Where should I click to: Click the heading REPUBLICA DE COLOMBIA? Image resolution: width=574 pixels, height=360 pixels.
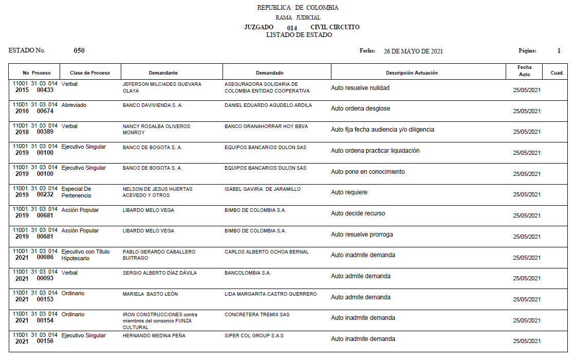pos(298,8)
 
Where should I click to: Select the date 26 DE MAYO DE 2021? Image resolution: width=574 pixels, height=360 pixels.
pos(413,51)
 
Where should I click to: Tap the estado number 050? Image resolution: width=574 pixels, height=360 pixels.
pos(79,50)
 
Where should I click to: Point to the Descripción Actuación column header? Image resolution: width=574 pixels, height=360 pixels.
pos(412,73)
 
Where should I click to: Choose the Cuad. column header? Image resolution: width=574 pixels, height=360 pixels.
pos(557,73)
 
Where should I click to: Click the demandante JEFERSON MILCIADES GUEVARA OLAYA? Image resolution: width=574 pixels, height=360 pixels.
pos(162,87)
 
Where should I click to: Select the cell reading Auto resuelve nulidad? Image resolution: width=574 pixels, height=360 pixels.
pos(360,88)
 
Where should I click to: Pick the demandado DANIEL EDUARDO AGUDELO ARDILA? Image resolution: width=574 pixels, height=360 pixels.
pos(268,105)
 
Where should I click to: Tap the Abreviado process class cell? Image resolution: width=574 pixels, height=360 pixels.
pos(74,105)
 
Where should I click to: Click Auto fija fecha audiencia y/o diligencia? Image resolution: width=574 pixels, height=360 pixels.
pos(382,130)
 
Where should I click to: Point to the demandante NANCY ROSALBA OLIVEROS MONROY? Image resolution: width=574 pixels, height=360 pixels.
pos(156,129)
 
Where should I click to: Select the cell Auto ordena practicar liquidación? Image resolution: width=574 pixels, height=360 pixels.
pos(375,151)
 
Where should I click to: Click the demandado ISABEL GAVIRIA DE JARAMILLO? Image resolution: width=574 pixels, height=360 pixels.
pos(263,189)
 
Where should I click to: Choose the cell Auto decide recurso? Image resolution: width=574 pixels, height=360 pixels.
pos(358,213)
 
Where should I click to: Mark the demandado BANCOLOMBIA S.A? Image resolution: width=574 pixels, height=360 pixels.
pos(248,273)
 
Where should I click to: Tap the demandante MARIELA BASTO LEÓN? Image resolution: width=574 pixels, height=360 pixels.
pos(150,294)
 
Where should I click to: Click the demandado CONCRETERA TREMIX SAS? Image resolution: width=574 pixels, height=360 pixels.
pos(257,315)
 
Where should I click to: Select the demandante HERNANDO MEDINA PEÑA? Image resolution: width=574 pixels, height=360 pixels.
pos(154,336)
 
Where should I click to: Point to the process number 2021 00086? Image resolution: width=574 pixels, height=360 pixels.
pos(35,258)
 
